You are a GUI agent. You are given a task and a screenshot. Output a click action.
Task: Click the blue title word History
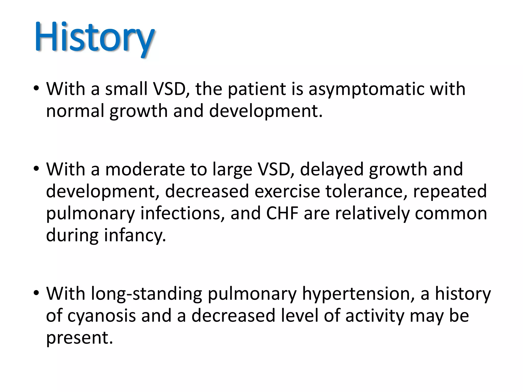tap(94, 38)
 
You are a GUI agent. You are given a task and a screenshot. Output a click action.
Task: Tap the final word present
tap(79, 338)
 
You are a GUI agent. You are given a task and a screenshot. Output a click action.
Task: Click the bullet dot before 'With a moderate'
tap(36, 169)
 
